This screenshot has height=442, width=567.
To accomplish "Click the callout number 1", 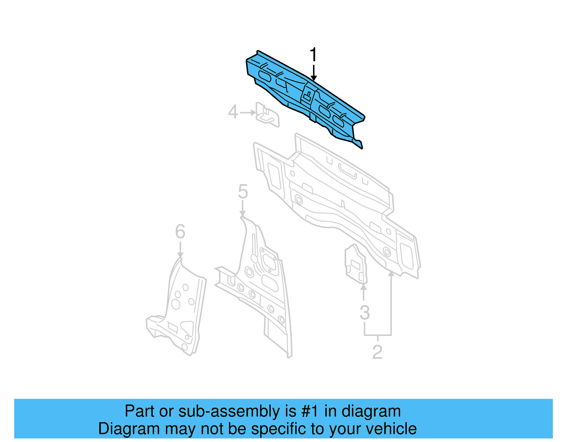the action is (313, 55).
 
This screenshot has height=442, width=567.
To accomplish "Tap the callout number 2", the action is (377, 352).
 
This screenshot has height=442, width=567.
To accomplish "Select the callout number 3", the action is (365, 313).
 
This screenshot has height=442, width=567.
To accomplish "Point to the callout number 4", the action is (233, 112).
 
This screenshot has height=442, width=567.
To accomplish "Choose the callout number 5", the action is (243, 191).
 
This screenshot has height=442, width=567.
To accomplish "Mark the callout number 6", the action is (180, 232).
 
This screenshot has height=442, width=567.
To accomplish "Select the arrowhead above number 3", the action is (364, 287).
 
